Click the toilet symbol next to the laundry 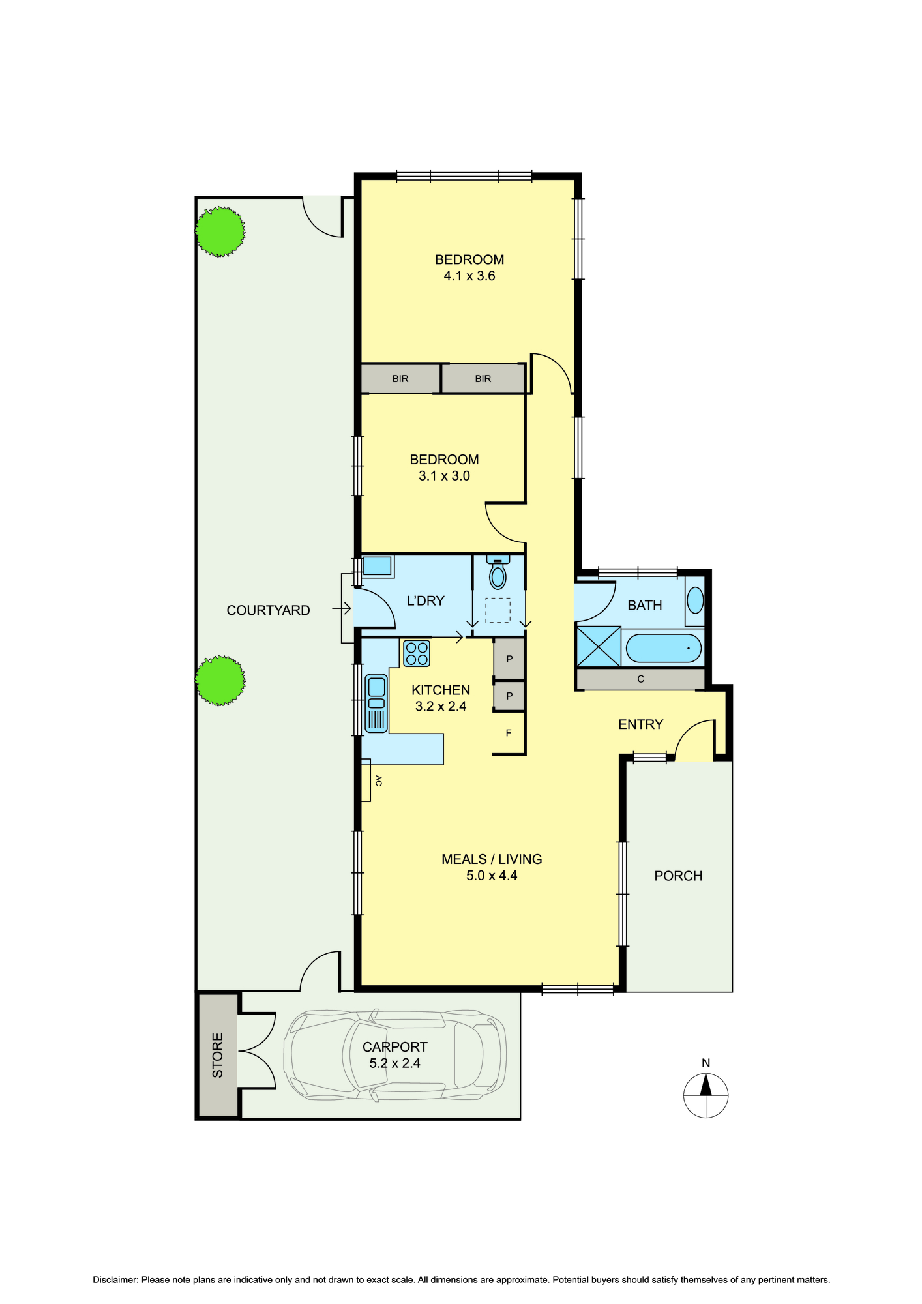point(498,573)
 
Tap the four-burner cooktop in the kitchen point(417,653)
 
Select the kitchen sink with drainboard point(376,703)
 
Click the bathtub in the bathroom point(663,648)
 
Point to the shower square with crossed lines point(599,646)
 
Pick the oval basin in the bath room point(696,600)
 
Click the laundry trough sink point(378,566)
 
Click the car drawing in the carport point(394,1055)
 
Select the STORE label point(218,1055)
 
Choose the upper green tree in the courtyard point(220,231)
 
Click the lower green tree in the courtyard point(220,681)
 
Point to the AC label point(378,780)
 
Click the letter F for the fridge point(509,733)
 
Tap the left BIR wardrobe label point(400,379)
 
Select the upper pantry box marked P point(509,659)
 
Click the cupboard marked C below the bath point(640,679)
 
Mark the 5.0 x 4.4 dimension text point(492,876)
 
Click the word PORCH point(678,876)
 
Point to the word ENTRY point(640,724)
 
